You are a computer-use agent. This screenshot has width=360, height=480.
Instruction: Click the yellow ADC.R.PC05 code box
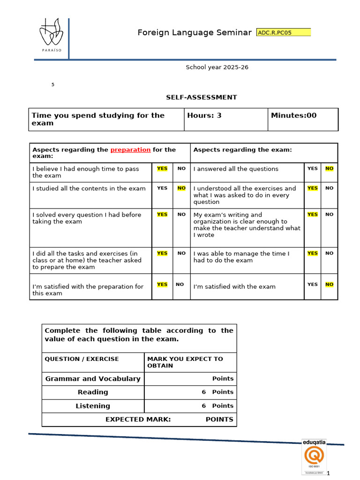click(x=284, y=32)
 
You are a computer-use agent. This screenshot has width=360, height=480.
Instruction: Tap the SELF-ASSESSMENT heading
click(x=201, y=97)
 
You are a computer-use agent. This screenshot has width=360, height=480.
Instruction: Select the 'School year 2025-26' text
click(x=217, y=67)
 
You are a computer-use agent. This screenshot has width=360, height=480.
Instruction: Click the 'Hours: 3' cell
click(x=204, y=115)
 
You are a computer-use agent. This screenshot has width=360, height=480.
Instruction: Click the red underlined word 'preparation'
click(x=130, y=150)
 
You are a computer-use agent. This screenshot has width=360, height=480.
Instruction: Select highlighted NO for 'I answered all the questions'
click(x=330, y=168)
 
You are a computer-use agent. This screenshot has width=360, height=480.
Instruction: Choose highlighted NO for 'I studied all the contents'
click(x=181, y=188)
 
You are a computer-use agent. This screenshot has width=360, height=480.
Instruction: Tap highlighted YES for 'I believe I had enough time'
click(x=162, y=168)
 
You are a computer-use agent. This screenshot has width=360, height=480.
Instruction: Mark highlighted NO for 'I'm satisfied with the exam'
click(x=330, y=284)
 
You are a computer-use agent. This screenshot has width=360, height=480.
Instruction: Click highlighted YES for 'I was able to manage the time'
click(x=312, y=253)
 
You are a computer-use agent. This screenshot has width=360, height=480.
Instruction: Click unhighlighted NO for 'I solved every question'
click(x=181, y=214)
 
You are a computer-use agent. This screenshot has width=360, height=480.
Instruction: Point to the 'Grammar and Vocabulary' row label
click(x=93, y=379)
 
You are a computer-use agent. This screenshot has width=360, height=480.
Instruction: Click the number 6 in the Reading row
click(x=204, y=392)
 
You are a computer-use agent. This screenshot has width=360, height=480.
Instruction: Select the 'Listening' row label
click(x=93, y=406)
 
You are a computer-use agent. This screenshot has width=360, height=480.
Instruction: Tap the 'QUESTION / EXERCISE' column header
click(x=82, y=359)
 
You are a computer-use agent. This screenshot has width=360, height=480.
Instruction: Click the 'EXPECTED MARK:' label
click(x=138, y=420)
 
